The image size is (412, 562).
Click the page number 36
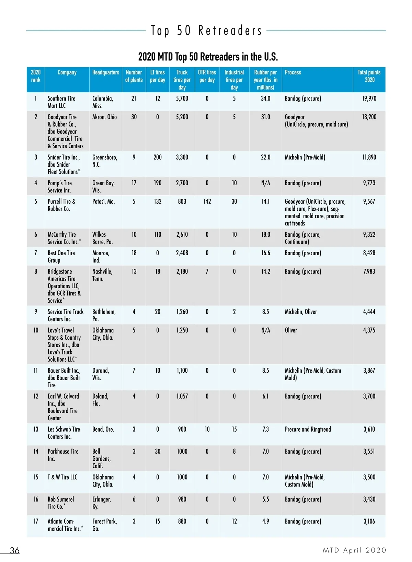coord(15,550)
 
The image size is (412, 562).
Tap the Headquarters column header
coord(105,72)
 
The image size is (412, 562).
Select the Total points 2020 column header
coord(369,76)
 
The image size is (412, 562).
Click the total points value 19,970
coord(369,98)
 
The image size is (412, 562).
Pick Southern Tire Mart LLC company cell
coord(61,102)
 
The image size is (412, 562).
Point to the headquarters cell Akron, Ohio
coord(104,117)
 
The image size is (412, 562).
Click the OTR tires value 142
coord(207,201)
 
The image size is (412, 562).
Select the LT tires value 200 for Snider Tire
coord(158,157)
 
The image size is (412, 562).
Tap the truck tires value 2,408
coord(182,253)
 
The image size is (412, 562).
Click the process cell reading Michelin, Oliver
coord(301,312)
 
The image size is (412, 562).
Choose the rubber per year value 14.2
coord(265,272)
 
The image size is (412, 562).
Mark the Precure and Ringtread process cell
coord(308,429)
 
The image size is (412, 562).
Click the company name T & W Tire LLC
coord(62,477)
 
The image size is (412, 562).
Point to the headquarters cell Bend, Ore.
coord(103,429)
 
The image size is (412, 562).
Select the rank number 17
coord(36,522)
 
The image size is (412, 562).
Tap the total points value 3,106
coord(369,522)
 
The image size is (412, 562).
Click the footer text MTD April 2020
coord(354,550)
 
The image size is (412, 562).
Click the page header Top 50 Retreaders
coord(206,31)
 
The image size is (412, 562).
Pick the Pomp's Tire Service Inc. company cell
coord(60,187)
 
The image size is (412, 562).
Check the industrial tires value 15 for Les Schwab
coord(234,429)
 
